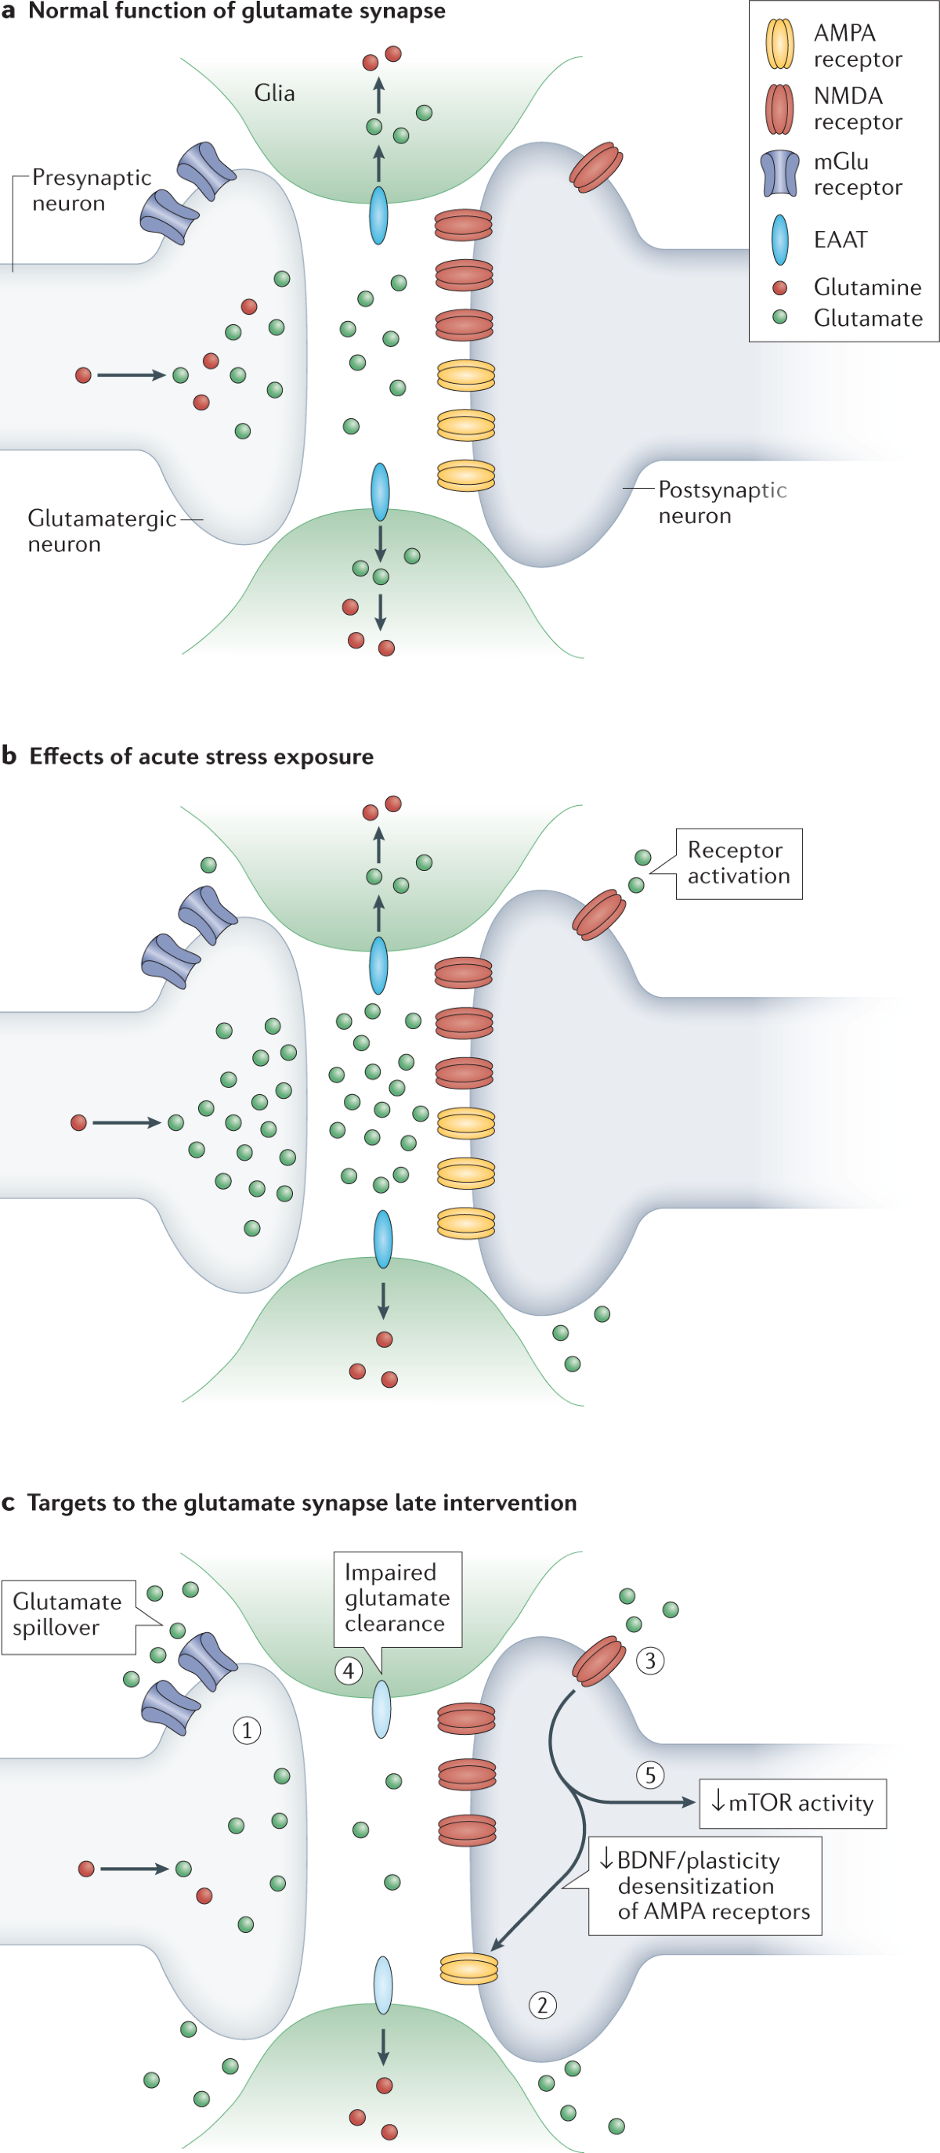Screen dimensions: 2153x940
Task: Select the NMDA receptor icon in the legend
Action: (x=779, y=110)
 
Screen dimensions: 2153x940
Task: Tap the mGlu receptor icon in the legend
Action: (x=779, y=174)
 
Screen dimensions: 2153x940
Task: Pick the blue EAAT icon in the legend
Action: (x=779, y=240)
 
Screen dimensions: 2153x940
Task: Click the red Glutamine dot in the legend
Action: (x=779, y=287)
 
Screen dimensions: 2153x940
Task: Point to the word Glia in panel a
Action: (x=274, y=92)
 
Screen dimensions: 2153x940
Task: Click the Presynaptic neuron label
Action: (x=91, y=190)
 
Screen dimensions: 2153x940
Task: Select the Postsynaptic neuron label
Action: (x=721, y=502)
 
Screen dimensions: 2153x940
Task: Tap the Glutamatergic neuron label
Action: (x=101, y=531)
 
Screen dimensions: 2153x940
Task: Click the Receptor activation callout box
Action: (x=739, y=863)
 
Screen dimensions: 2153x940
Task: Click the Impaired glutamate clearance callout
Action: (x=397, y=1597)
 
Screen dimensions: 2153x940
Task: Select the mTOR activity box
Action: (x=792, y=1804)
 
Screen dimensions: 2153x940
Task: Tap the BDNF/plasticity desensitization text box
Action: (x=705, y=1886)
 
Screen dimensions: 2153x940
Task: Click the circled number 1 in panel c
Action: (x=247, y=1729)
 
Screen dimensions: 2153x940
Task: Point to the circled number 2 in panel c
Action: (x=543, y=2004)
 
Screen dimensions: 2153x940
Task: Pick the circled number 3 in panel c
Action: (x=651, y=1660)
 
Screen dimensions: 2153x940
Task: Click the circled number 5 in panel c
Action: (x=651, y=1775)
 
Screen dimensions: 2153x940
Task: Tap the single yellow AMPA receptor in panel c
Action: (x=469, y=1968)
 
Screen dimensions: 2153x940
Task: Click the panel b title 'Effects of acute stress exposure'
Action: (x=201, y=757)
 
